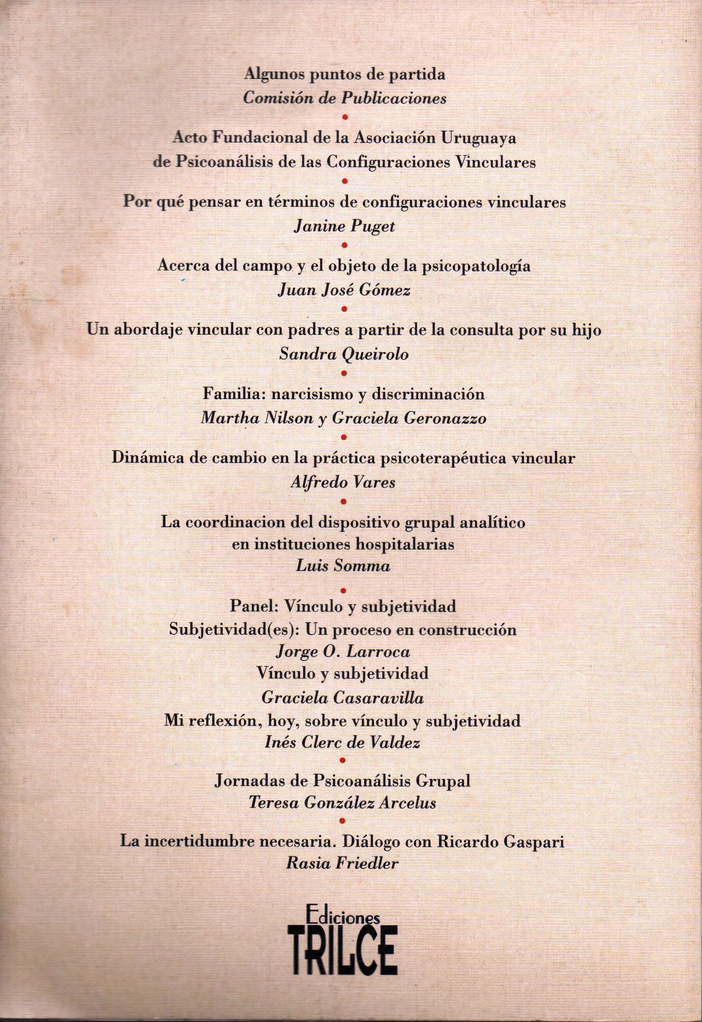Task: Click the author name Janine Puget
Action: point(344,226)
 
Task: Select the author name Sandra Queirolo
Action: point(344,354)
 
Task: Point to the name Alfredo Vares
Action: point(343,483)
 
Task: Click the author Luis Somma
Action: point(343,565)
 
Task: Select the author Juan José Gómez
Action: point(344,291)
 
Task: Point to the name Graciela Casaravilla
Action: point(343,698)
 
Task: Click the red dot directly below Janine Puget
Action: point(344,245)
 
